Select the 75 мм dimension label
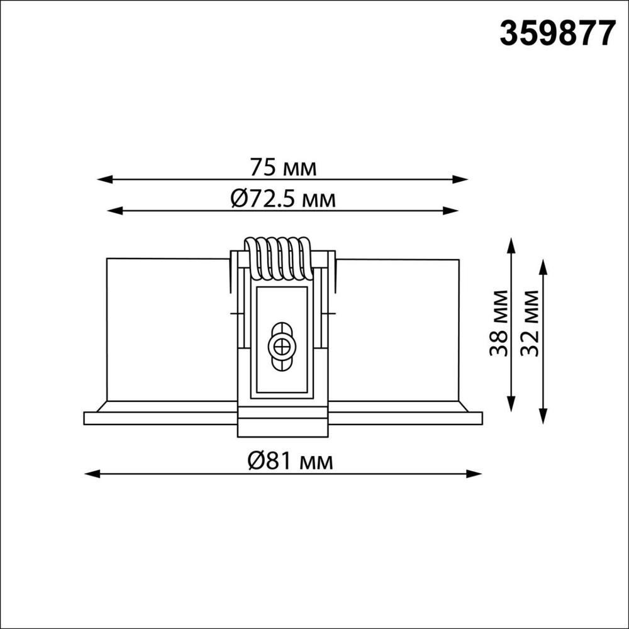[x=282, y=168]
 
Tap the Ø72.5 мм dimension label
[x=282, y=200]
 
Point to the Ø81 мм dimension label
[x=282, y=462]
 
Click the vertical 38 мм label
[x=500, y=323]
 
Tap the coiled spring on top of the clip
[x=277, y=258]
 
